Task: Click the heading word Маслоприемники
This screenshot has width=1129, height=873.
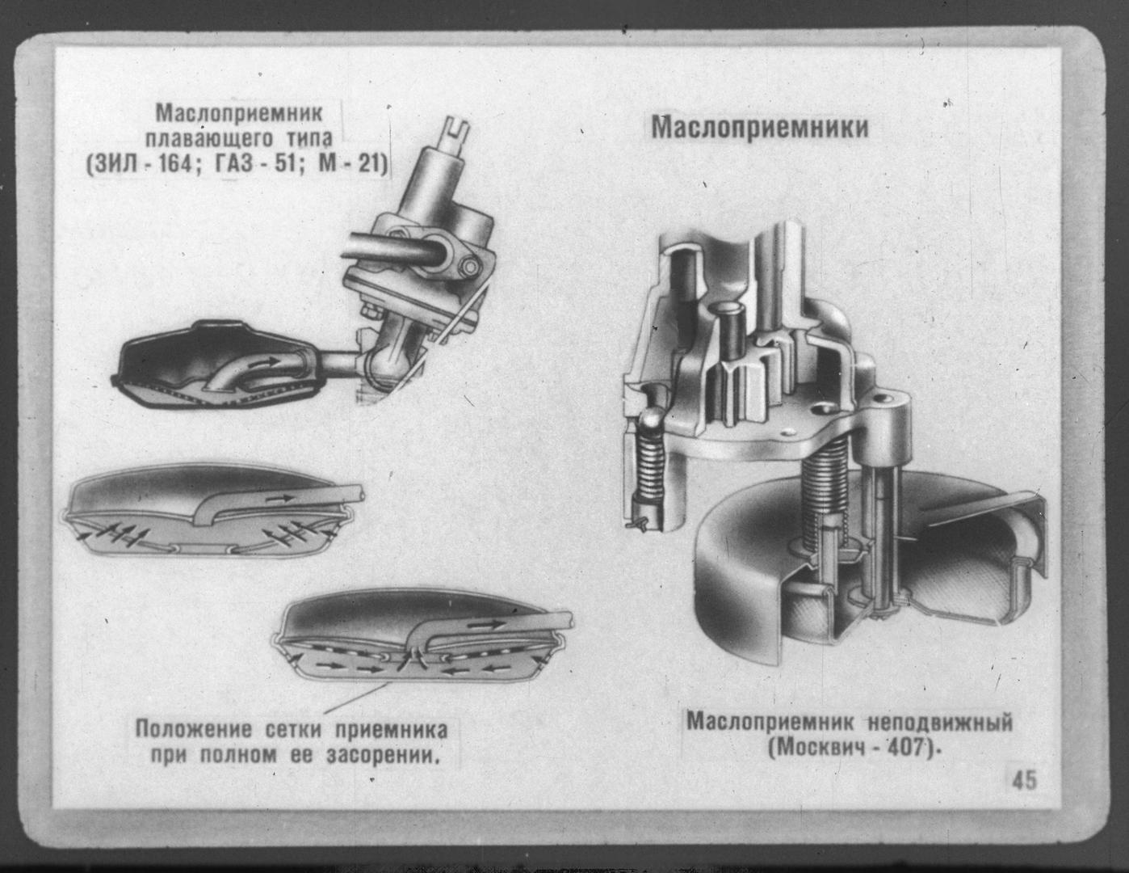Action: coord(760,128)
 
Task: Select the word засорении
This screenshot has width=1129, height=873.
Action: coord(383,756)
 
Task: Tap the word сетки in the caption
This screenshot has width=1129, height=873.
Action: coord(292,730)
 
